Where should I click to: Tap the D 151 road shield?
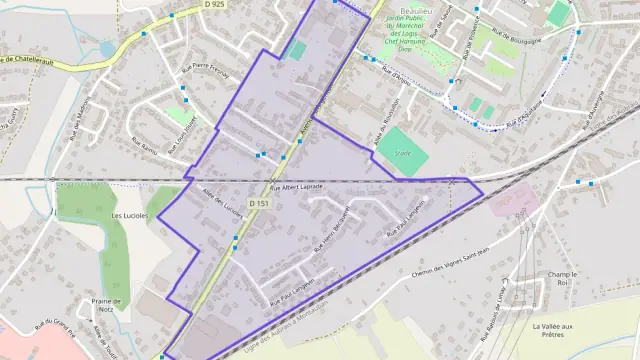259,204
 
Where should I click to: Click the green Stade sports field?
403,152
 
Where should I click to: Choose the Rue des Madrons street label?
74,124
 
